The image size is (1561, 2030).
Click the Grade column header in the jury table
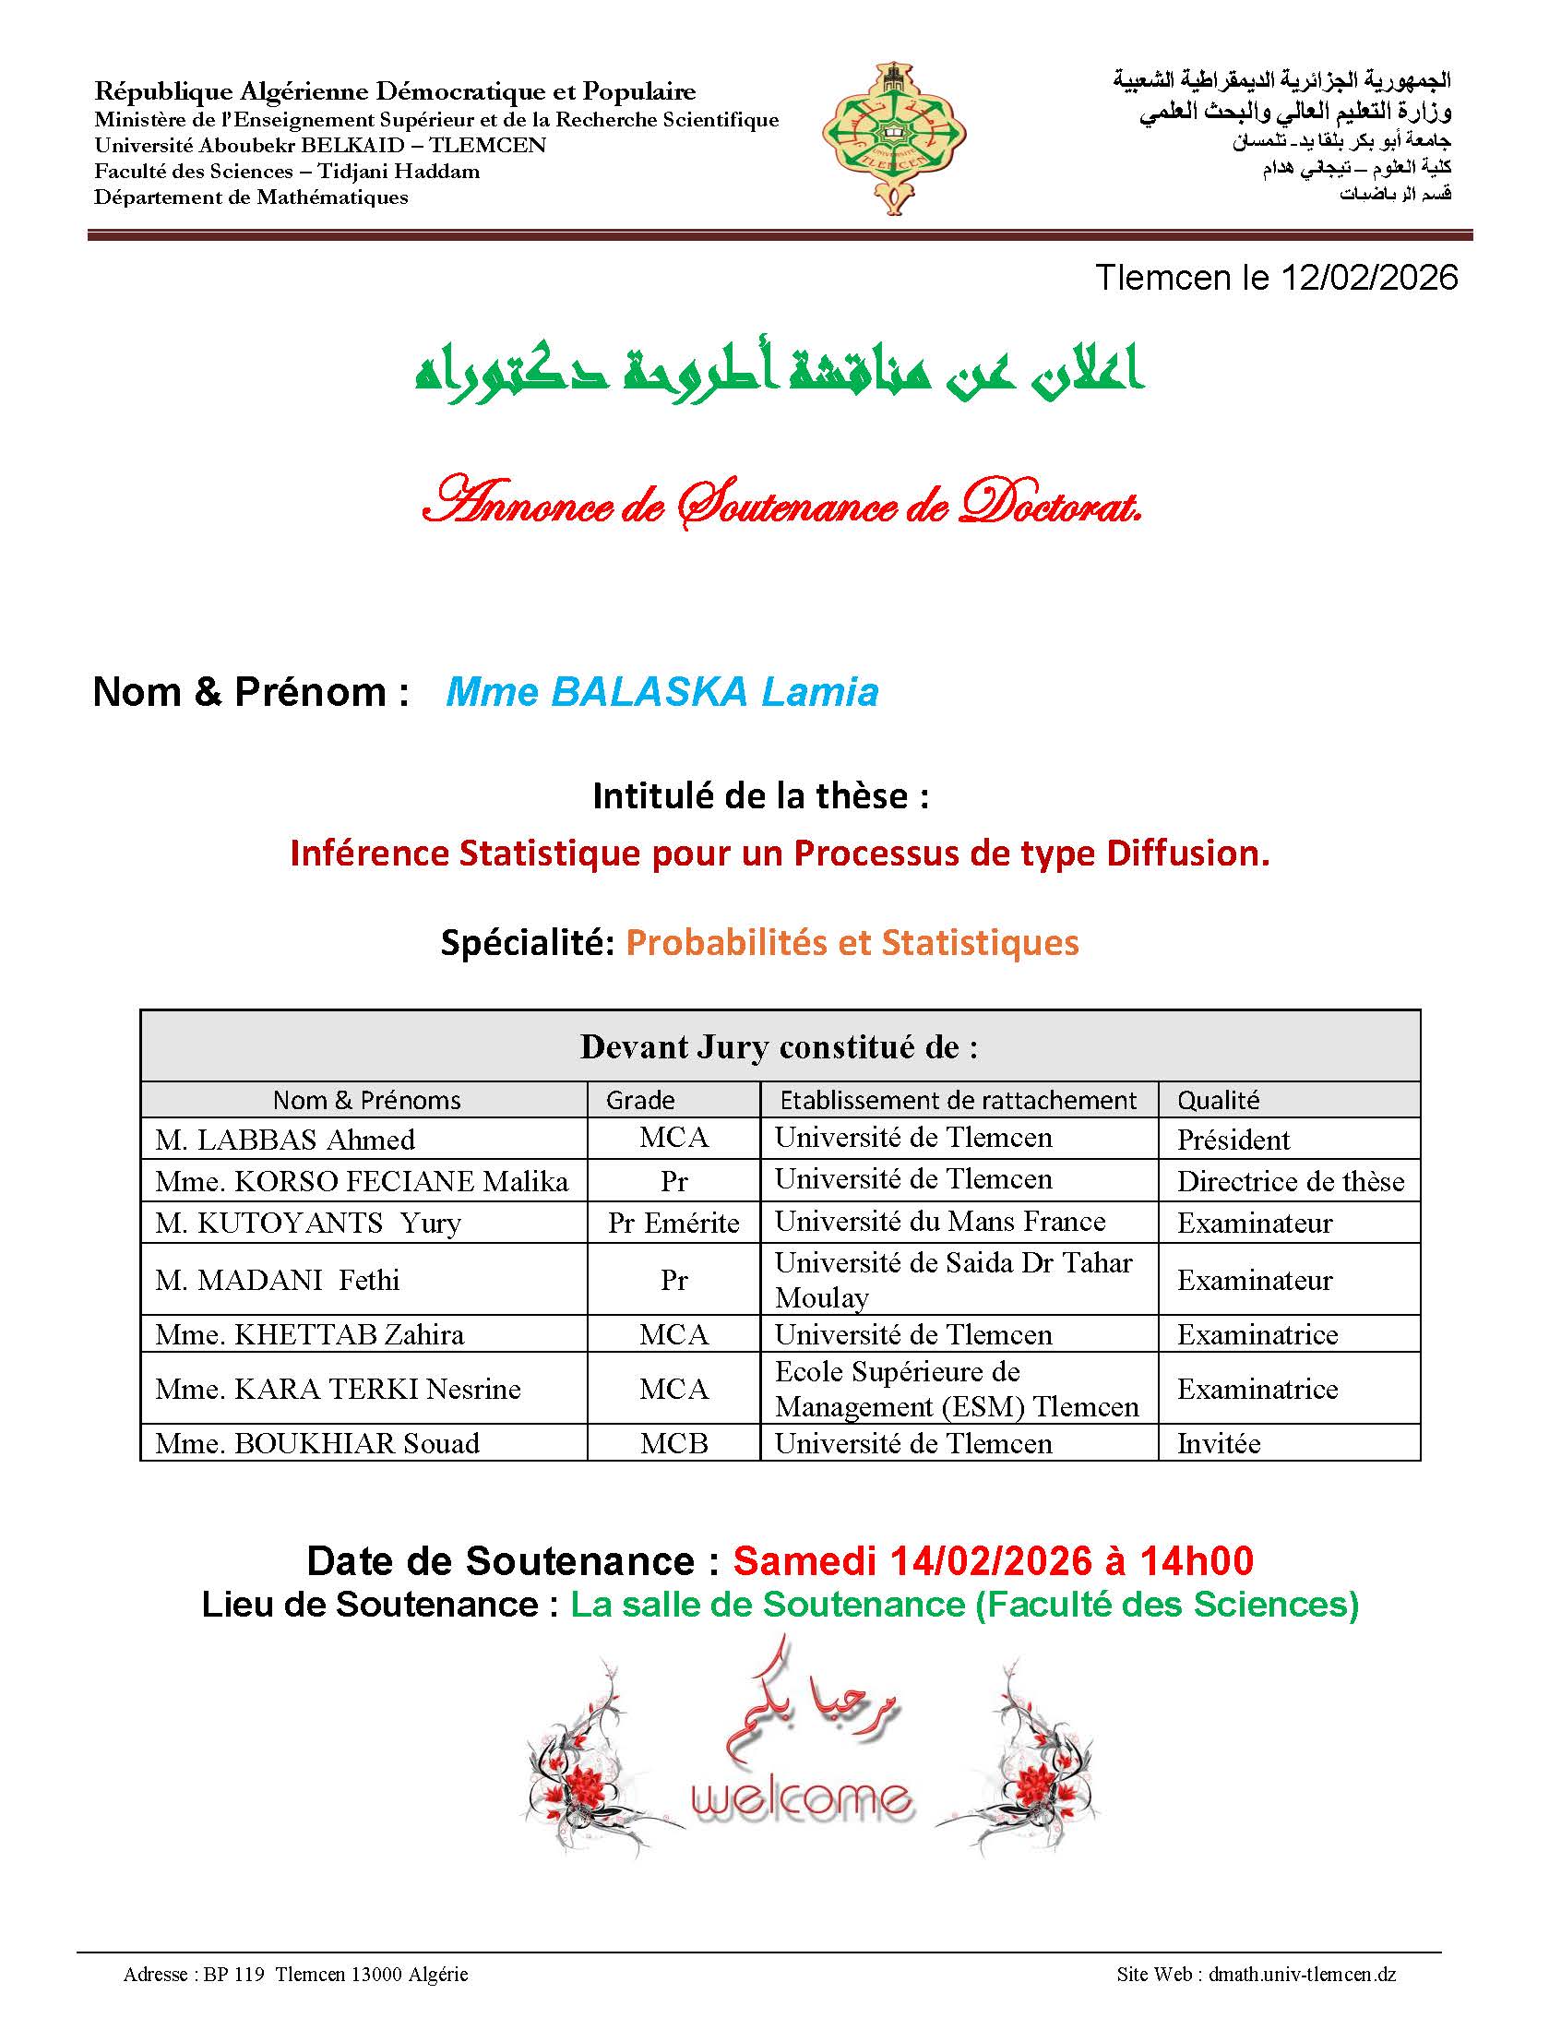coord(640,1100)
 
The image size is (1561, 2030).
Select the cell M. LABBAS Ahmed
coord(284,1140)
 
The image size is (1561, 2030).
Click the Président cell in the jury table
coord(1233,1140)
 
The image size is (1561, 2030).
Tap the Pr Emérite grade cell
coord(673,1223)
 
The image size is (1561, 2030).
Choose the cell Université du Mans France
coord(939,1222)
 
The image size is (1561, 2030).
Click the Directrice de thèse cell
coord(1290,1181)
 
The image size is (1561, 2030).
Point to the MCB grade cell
coord(673,1443)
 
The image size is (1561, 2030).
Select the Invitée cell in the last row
coord(1218,1443)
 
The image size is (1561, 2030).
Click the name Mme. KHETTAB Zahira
coord(309,1334)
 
